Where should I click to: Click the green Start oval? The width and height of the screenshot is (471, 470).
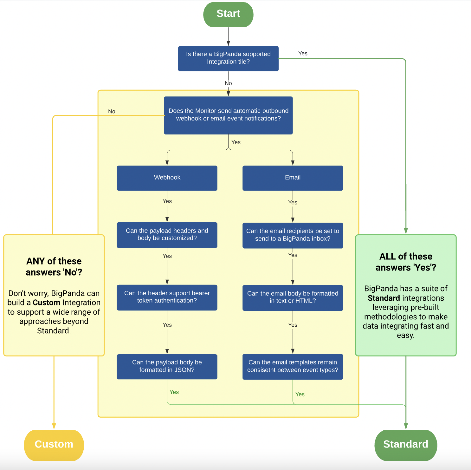pyautogui.click(x=228, y=15)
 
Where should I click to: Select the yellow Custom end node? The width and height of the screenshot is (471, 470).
pyautogui.click(x=54, y=445)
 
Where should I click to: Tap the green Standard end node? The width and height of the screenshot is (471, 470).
pyautogui.click(x=406, y=445)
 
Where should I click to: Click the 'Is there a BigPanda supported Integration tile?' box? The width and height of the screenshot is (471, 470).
pyautogui.click(x=228, y=58)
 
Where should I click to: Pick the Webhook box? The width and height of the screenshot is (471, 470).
pyautogui.click(x=167, y=178)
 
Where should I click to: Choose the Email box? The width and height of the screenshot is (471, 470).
pyautogui.click(x=293, y=178)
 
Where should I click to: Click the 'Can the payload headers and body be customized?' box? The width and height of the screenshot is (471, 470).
pyautogui.click(x=167, y=235)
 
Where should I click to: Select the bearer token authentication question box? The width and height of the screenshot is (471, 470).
pyautogui.click(x=167, y=297)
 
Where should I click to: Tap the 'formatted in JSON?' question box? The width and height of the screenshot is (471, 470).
pyautogui.click(x=167, y=366)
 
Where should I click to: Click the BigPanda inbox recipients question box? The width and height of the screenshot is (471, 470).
pyautogui.click(x=293, y=235)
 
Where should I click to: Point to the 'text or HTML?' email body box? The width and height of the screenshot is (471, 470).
pyautogui.click(x=293, y=297)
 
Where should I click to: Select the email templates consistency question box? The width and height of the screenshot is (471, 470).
pyautogui.click(x=293, y=366)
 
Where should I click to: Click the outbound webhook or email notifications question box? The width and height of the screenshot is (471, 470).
pyautogui.click(x=228, y=115)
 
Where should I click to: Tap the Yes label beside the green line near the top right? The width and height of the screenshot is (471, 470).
pyautogui.click(x=303, y=54)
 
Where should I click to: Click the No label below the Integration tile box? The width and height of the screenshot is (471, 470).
pyautogui.click(x=228, y=83)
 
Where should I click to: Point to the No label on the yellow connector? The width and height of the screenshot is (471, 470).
pyautogui.click(x=112, y=112)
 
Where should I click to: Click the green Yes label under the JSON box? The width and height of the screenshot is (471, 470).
pyautogui.click(x=174, y=392)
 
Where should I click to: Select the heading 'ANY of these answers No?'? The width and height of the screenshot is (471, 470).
pyautogui.click(x=54, y=267)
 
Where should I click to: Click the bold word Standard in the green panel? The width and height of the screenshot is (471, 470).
pyautogui.click(x=384, y=298)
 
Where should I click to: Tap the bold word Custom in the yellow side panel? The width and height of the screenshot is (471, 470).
pyautogui.click(x=47, y=303)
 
